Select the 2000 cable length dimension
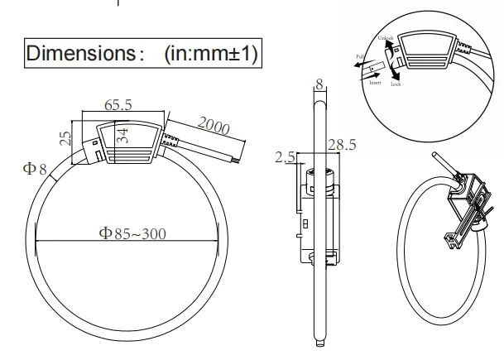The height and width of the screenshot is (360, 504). point(213,127)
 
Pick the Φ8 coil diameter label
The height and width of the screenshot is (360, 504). point(36,169)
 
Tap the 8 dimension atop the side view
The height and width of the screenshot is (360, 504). point(319,83)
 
